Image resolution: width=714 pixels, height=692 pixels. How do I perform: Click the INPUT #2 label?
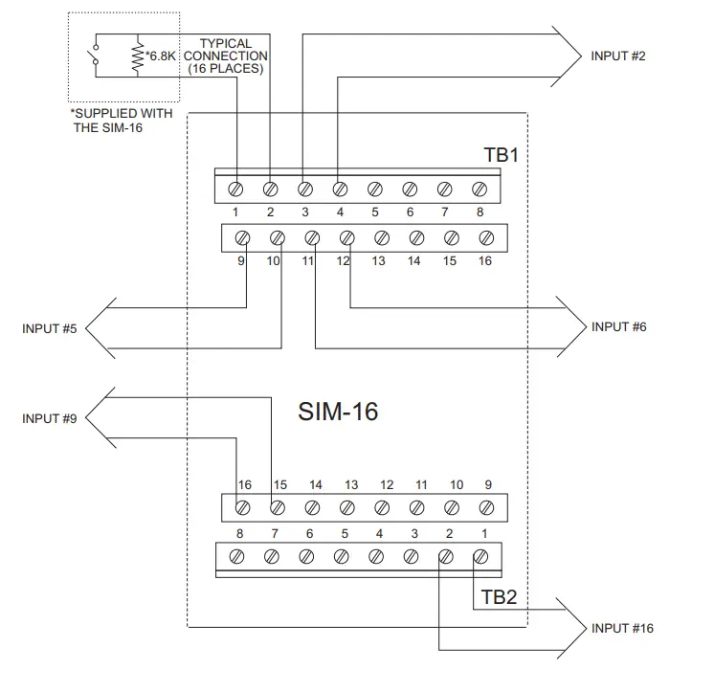[x=618, y=56]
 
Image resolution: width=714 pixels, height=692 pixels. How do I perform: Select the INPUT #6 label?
[x=618, y=327]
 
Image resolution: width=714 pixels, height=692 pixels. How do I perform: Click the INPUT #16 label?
[x=622, y=629]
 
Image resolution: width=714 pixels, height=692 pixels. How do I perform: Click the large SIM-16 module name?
[x=339, y=413]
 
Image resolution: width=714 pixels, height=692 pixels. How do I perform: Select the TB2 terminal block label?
[x=499, y=598]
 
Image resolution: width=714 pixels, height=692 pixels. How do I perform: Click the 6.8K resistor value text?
[x=160, y=56]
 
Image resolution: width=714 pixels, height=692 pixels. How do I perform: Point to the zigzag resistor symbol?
[x=138, y=57]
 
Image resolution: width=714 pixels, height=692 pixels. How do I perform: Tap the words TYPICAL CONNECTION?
[x=225, y=50]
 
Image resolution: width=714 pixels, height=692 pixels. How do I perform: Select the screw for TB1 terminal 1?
[x=235, y=189]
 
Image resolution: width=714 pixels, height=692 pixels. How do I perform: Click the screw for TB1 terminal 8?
[x=480, y=189]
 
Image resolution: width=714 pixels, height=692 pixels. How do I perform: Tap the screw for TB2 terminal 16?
[x=243, y=506]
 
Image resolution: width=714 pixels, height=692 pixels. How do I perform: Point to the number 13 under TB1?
[x=380, y=260]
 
